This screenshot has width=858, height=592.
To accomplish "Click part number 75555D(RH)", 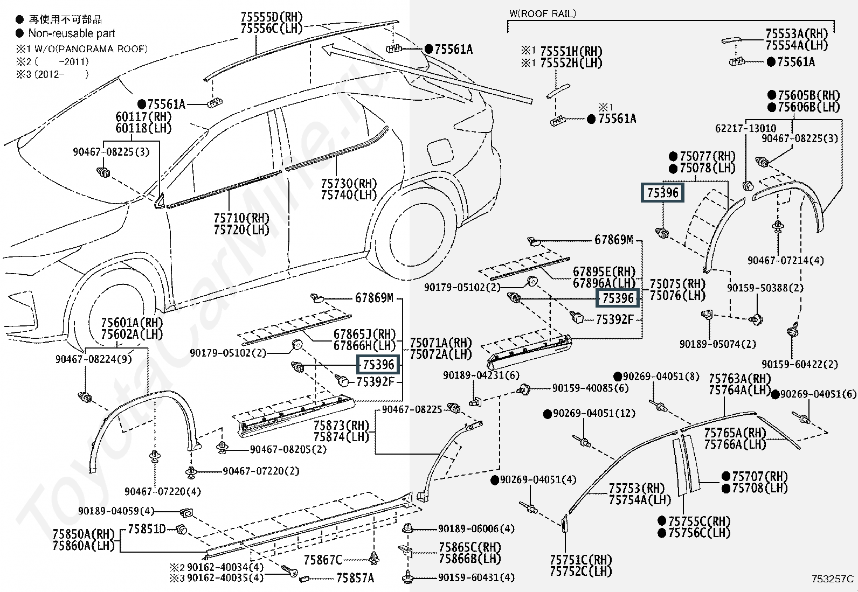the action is coord(272,17).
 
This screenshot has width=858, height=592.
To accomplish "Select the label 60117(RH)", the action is coord(144,116).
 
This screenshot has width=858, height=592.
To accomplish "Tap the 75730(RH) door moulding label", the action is coord(349,183).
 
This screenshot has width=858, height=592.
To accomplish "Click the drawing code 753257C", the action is coord(833,579).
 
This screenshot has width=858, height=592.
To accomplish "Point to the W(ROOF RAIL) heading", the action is coord(543,14).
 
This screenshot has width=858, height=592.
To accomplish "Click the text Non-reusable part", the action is coord(72,33).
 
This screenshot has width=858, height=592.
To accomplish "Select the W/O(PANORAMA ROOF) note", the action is coord(91,49).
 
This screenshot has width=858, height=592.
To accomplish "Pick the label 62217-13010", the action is coord(746,128).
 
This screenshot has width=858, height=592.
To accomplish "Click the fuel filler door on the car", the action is coord(440,152).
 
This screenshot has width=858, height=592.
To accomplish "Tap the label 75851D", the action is coord(147,529).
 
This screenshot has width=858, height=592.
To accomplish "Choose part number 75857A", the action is coord(355,578).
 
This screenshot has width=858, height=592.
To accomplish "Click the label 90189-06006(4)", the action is coord(476,529).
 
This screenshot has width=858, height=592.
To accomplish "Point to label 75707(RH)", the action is coord(760,476).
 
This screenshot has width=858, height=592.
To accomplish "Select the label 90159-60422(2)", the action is coord(800,364).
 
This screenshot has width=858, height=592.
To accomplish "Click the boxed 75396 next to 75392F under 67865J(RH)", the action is coord(378,365).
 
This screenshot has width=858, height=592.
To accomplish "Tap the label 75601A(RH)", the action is coord(132,323).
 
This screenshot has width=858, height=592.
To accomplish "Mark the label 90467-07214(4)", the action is coord(786,260).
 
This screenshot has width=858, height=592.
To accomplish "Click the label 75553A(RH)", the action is coord(797,34).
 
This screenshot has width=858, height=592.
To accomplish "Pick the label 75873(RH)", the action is coord(341,425).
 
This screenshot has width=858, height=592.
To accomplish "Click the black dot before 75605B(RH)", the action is coord(772,95).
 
